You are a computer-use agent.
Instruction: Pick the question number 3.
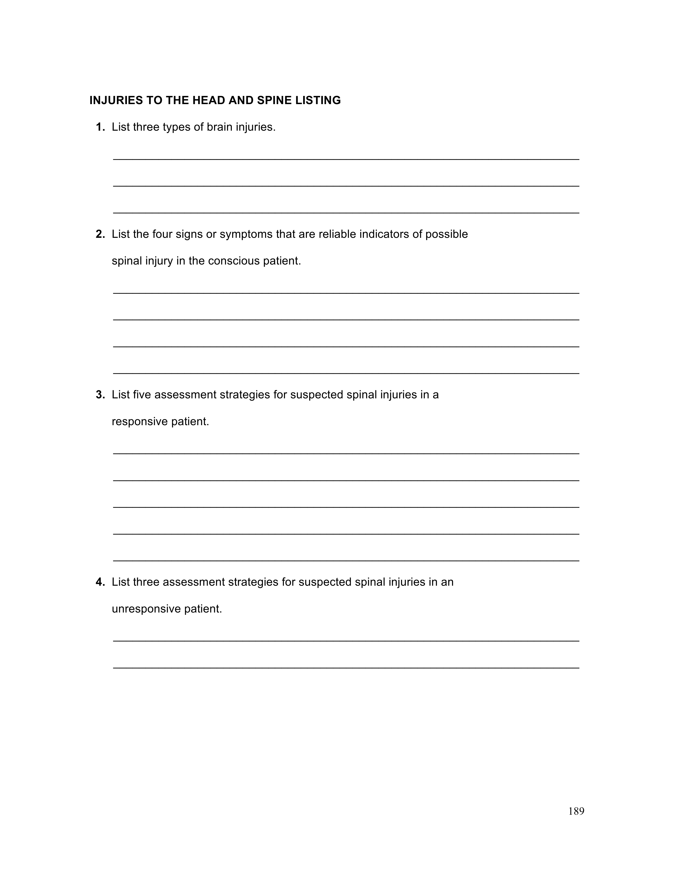(x=100, y=395)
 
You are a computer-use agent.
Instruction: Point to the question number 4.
(x=100, y=582)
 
